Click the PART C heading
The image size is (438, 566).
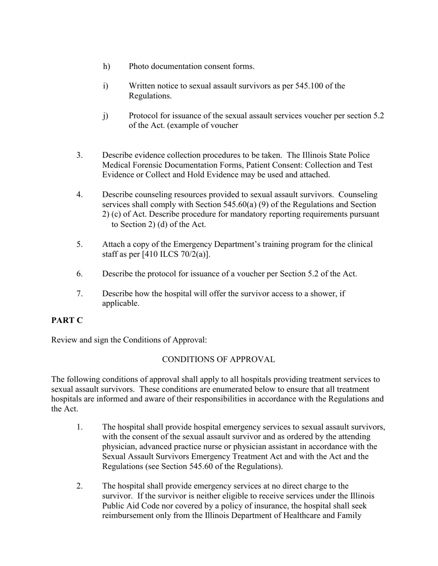coord(67,321)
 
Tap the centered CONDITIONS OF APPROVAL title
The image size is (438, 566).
coord(219,359)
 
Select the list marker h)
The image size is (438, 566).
coord(107,66)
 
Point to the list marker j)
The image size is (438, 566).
coord(106,116)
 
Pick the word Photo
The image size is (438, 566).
coord(139,66)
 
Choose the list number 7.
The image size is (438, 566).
coord(80,294)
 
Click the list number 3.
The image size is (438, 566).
coord(80,155)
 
